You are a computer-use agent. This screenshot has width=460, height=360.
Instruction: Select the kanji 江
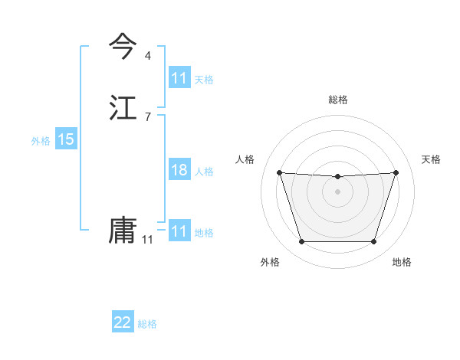point(123,107)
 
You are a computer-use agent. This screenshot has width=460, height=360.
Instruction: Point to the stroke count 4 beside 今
point(147,56)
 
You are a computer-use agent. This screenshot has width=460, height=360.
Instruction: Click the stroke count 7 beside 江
point(147,116)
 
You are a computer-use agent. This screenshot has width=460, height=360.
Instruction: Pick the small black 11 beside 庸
point(147,240)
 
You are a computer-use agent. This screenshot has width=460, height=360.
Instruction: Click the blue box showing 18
point(179,170)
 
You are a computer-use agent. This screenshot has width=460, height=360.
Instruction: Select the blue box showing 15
point(66,139)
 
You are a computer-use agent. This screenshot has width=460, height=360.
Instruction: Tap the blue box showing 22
point(123,322)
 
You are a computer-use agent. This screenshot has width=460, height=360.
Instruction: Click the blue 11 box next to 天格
point(179,78)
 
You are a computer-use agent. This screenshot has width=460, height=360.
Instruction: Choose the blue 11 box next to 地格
point(179,231)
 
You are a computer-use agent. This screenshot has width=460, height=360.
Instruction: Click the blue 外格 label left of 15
point(41,140)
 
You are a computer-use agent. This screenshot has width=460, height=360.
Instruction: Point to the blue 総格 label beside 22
point(147,324)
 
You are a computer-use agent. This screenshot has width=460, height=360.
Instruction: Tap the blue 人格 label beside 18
point(204,172)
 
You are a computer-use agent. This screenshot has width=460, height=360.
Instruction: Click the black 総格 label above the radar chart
point(337,100)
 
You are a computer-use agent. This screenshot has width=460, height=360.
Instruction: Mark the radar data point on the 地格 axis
point(373,242)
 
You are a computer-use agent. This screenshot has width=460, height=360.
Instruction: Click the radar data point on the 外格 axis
point(301,242)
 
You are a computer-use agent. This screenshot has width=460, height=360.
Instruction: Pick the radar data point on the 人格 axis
point(279,172)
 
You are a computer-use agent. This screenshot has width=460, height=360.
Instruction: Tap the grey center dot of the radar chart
point(337,191)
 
